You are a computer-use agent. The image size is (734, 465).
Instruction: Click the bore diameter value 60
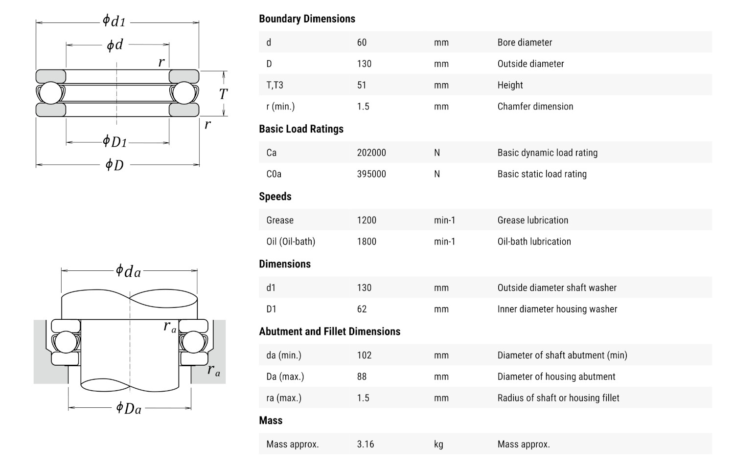[362, 43]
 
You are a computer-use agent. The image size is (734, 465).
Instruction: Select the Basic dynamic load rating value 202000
[371, 153]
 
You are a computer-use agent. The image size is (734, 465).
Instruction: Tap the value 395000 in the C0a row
[371, 174]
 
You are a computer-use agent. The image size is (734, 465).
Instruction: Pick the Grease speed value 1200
[367, 220]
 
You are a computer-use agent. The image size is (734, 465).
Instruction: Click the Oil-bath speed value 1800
[367, 242]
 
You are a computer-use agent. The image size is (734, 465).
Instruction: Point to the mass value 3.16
[366, 444]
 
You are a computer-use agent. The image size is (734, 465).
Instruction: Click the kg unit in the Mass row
[438, 444]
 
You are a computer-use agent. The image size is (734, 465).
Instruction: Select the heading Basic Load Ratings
[301, 129]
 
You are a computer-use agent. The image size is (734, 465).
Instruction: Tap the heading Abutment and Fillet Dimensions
[329, 332]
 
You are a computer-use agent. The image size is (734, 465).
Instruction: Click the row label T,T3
[275, 85]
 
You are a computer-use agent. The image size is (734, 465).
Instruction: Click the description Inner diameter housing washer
[557, 309]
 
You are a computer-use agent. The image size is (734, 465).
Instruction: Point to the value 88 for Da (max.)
[362, 376]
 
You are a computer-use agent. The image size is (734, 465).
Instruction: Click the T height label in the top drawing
[223, 94]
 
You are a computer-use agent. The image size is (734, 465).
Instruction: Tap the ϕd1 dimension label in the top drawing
[114, 21]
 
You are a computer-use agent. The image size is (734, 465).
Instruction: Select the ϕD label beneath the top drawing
[115, 165]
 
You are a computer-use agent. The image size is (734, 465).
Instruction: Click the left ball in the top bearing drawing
[50, 93]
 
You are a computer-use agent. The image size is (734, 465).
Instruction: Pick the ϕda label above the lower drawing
[128, 270]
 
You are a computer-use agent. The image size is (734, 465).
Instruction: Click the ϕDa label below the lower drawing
[128, 408]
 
